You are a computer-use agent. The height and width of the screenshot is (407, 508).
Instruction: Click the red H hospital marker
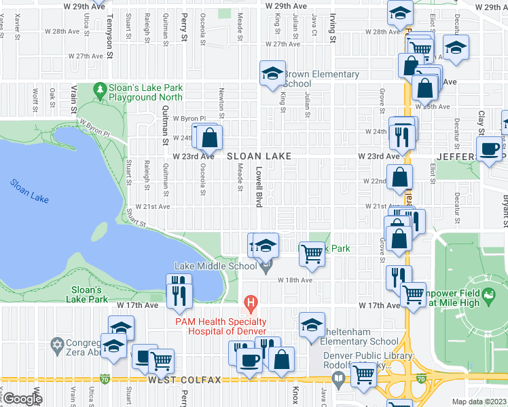point(250,301)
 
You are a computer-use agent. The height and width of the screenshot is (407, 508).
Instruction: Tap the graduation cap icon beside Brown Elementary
point(272,73)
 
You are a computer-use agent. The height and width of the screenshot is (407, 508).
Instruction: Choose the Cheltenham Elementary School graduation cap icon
point(312,324)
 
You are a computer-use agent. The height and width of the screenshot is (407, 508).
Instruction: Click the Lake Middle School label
point(216,266)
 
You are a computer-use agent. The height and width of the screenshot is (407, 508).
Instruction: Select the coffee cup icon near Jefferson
point(489,149)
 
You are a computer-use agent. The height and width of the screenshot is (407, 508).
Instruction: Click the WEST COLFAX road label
point(184,380)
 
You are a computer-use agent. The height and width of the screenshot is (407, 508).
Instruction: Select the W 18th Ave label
point(294,279)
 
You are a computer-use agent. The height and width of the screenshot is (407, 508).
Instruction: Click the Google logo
point(22,399)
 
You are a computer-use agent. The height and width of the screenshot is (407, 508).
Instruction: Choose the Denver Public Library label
point(369,356)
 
